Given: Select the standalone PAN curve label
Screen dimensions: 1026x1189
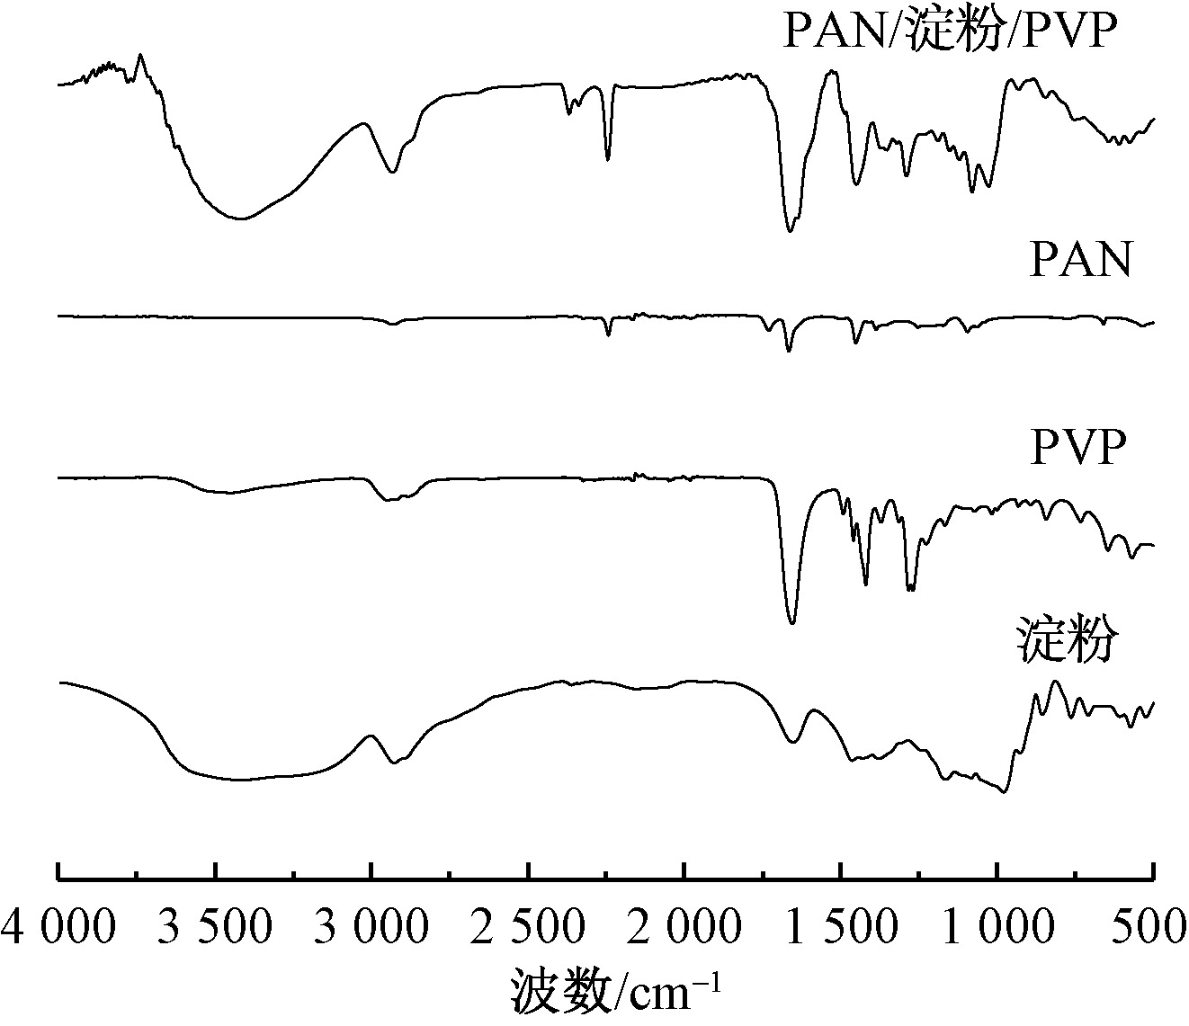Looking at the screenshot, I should tap(1077, 263).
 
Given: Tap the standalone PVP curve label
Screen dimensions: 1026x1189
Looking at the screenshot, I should tap(1077, 447).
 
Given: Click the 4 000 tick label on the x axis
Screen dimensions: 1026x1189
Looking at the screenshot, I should tap(58, 926).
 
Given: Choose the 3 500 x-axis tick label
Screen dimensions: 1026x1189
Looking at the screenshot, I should tap(214, 926).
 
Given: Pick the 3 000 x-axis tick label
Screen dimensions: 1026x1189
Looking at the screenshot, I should tap(371, 926).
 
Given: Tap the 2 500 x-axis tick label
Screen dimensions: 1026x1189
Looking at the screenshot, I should tap(527, 926).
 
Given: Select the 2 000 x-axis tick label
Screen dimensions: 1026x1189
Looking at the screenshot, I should tap(684, 926).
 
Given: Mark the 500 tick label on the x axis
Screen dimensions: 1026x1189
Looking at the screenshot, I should tap(1152, 926).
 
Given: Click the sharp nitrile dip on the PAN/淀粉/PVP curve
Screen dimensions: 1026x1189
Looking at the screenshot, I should tap(608, 159).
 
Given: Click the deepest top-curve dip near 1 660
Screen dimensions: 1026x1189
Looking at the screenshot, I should tap(790, 231).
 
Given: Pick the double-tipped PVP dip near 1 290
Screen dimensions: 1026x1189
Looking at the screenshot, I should tap(910, 590).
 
